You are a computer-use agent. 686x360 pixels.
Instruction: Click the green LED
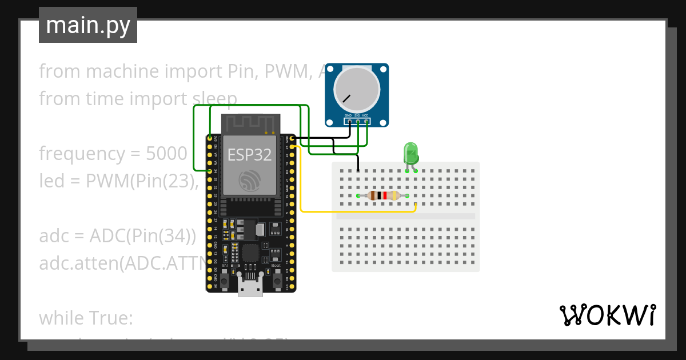pos(411,153)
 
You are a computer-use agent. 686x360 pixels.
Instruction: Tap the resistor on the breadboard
pos(384,196)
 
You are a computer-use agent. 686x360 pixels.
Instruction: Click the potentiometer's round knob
pos(357,89)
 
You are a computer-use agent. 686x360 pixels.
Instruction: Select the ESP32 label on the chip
pos(249,155)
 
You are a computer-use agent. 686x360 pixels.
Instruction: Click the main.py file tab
pos(88,25)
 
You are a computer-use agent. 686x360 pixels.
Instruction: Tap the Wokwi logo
pos(607,315)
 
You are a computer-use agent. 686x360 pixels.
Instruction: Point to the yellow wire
pos(354,212)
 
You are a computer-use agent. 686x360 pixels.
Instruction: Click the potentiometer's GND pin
pos(348,121)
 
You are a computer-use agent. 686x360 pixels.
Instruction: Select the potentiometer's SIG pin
pos(357,121)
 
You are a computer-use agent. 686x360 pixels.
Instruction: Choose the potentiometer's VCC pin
pos(366,121)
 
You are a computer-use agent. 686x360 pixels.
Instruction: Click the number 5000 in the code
pos(166,154)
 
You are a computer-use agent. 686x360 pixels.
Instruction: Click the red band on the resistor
pos(385,196)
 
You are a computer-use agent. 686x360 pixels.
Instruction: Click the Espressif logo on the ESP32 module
pos(250,181)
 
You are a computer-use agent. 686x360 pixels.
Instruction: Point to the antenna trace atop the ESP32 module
pos(250,123)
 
